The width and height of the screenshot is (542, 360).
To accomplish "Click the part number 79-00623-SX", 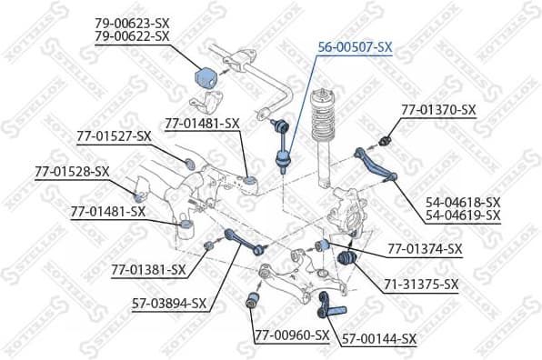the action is click(133, 24).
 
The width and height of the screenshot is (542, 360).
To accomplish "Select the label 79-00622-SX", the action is click(133, 36).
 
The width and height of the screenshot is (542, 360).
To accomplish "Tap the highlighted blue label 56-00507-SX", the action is click(355, 47).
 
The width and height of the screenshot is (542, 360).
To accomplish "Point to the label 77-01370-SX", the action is click(438, 110).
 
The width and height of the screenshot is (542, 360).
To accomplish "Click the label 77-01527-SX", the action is click(114, 136).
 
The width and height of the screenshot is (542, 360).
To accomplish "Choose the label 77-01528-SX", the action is click(72, 171).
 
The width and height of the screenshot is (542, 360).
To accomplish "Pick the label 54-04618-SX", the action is click(463, 202).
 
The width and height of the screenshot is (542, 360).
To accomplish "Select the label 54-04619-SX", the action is click(463, 215).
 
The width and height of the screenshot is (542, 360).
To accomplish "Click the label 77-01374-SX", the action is click(425, 248).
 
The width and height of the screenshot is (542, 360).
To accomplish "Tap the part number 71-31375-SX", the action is click(421, 285).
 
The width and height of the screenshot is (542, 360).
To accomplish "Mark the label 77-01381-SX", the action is click(148, 269).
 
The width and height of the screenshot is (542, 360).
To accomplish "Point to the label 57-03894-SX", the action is click(169, 304).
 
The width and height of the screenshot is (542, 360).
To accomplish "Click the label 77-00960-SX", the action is click(292, 335).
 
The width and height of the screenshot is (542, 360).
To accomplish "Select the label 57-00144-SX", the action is click(379, 339).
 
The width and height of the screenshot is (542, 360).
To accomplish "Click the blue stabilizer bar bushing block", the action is click(205, 79).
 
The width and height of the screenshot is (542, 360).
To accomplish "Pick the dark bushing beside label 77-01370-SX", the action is click(385, 141).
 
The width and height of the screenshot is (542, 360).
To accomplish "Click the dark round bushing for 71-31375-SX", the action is click(346, 257).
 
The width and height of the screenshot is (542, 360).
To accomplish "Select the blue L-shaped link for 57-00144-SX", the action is click(329, 306).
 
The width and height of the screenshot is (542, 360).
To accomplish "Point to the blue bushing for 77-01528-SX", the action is click(138, 197).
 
